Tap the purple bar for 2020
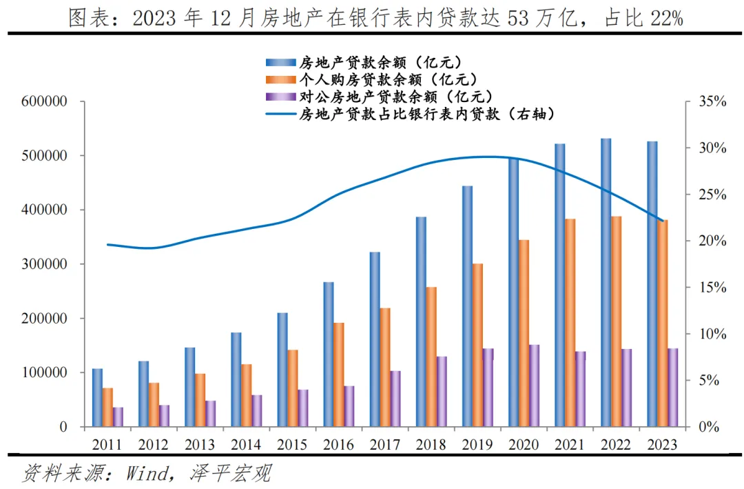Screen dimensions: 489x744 point(534,386)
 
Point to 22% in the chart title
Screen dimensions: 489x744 point(665,19)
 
